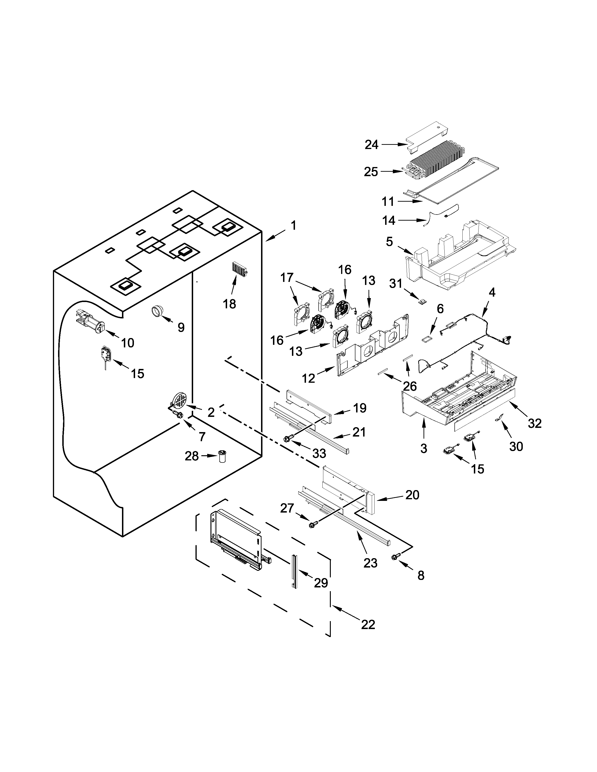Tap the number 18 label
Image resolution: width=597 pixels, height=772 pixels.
click(x=229, y=304)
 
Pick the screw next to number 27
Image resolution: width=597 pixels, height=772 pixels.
click(x=313, y=525)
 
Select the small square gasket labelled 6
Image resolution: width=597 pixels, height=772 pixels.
click(x=427, y=339)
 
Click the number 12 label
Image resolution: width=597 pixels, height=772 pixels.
click(x=308, y=379)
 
